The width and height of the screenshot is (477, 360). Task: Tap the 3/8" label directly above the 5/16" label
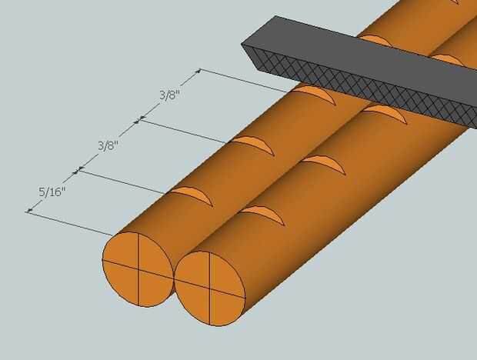coord(108,144)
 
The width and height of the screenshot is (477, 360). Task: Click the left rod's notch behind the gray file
coord(375,39)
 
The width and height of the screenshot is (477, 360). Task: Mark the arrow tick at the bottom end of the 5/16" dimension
coord(28,211)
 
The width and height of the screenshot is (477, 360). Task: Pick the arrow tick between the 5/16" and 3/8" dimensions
coord(77,169)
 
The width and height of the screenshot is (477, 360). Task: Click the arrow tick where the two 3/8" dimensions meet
coord(139,119)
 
